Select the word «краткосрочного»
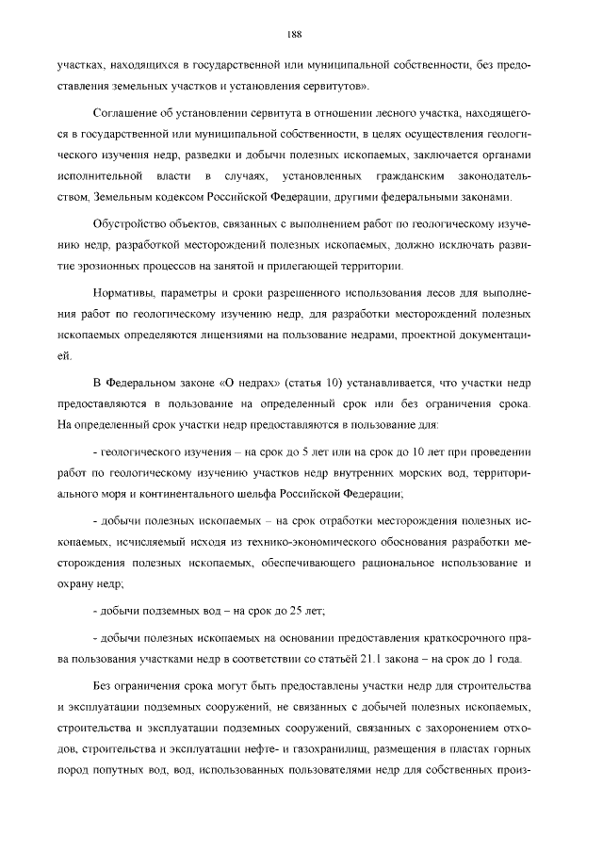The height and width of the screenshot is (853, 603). (x=452, y=636)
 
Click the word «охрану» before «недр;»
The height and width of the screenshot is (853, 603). (x=76, y=583)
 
